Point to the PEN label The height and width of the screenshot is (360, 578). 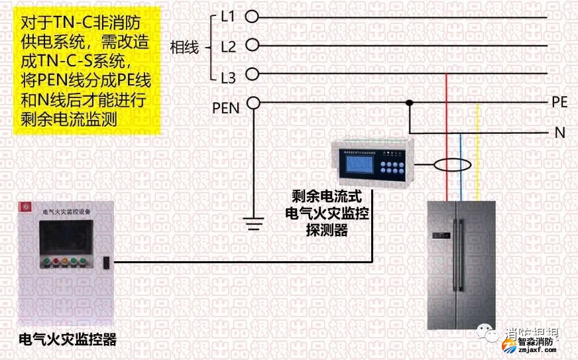(x=226, y=107)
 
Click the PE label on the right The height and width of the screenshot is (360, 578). (x=559, y=103)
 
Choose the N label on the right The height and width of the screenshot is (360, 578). (x=560, y=133)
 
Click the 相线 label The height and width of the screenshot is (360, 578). (x=184, y=48)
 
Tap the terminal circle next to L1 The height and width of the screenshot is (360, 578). (x=252, y=15)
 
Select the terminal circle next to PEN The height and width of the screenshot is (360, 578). (x=252, y=103)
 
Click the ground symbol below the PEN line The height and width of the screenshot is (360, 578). (x=253, y=223)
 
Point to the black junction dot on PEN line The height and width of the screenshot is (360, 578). (x=410, y=103)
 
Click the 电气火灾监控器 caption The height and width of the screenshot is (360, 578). (x=68, y=340)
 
